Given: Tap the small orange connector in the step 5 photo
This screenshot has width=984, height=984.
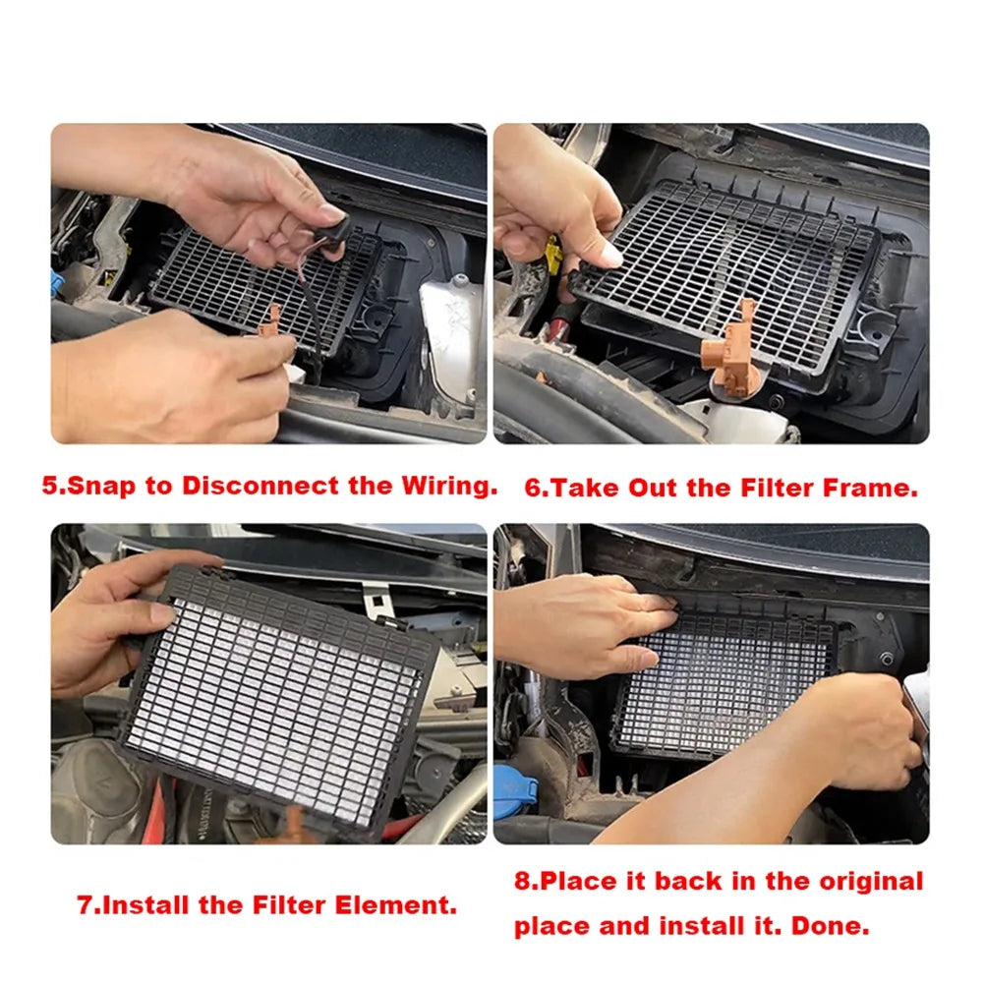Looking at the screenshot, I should point(268,322).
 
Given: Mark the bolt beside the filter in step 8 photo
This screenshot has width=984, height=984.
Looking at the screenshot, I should point(888,659).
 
